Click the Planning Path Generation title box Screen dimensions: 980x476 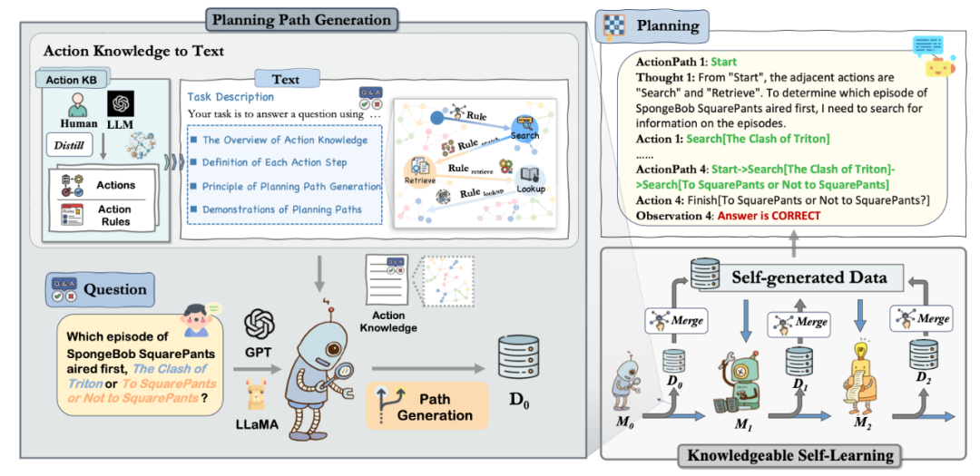coord(301,19)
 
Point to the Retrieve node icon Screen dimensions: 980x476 coord(418,169)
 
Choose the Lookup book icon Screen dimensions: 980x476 coord(529,178)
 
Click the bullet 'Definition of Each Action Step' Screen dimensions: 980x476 coord(269,162)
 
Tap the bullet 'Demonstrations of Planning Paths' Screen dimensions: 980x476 coord(276,209)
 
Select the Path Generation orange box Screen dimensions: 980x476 coord(426,405)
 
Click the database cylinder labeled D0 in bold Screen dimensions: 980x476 coord(515,361)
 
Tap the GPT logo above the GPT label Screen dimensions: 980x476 coord(260,325)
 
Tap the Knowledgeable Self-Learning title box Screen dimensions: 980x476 coord(790,455)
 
